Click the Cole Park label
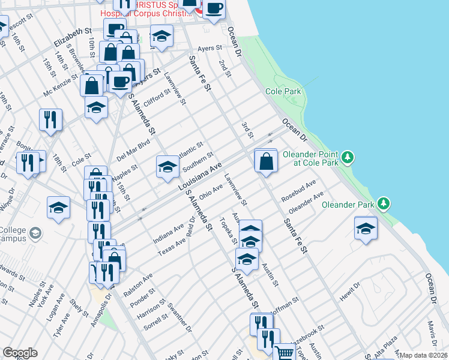click(x=283, y=92)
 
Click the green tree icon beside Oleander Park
click(x=387, y=205)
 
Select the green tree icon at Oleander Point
click(x=348, y=158)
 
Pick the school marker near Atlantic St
click(x=168, y=166)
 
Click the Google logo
click(x=20, y=353)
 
